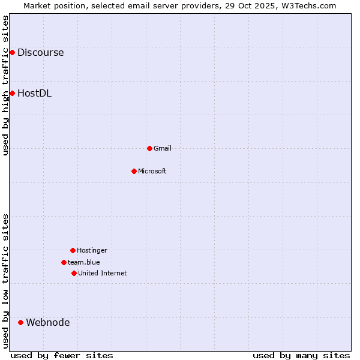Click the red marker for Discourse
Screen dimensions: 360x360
(12, 52)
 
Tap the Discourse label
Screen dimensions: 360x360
(40, 52)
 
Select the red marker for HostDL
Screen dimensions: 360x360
(12, 93)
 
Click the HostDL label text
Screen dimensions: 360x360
(34, 93)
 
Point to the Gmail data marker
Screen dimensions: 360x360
(149, 148)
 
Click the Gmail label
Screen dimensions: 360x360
(162, 148)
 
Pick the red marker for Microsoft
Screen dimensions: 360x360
(134, 171)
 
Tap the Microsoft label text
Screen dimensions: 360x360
(152, 171)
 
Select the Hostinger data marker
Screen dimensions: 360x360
(73, 250)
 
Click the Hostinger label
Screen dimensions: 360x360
(92, 250)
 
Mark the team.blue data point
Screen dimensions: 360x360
(64, 262)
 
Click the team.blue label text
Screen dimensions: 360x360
(83, 262)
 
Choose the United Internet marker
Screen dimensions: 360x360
(74, 273)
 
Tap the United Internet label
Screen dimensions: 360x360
(102, 273)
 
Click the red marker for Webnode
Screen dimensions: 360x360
(20, 322)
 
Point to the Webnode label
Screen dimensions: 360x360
(47, 322)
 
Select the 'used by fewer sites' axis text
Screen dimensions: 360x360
(62, 355)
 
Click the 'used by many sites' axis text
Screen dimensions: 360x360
(301, 355)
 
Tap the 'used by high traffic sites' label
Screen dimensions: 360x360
(5, 85)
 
